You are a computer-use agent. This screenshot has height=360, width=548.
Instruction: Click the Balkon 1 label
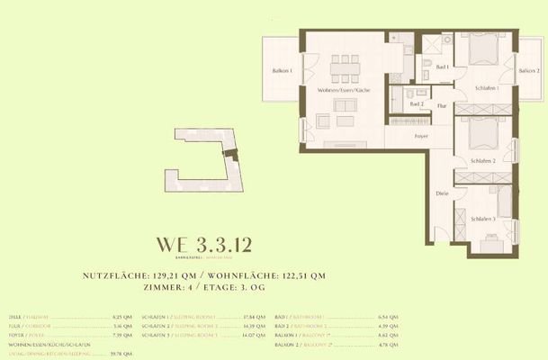(x=283, y=70)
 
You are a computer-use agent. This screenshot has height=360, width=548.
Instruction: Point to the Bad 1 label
(x=442, y=67)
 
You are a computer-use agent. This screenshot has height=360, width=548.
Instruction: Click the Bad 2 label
(x=416, y=104)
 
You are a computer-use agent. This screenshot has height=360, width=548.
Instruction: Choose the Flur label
(x=441, y=106)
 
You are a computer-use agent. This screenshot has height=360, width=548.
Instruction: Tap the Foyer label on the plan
(x=420, y=136)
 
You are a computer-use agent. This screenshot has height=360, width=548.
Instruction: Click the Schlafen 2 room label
(x=483, y=160)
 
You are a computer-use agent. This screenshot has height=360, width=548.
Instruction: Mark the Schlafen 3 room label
(x=482, y=219)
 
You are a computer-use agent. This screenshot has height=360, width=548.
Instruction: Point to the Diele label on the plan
(x=442, y=193)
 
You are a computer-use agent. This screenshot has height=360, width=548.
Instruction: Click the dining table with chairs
(x=341, y=65)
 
